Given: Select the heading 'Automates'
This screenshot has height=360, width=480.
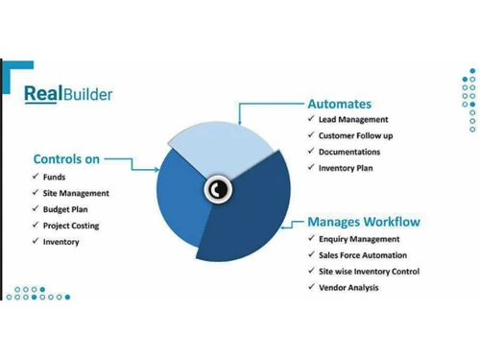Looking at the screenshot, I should point(339,104).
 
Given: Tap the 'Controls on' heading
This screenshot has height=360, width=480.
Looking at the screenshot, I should point(67,159).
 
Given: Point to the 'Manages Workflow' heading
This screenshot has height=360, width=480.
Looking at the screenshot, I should point(364,223).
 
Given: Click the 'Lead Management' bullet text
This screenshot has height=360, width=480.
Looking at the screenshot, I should point(353,120).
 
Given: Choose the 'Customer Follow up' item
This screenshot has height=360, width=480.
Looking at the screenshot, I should point(355,136).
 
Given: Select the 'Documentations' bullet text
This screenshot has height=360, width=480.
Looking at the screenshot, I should point(349,153).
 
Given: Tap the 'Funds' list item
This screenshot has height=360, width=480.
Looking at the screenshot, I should point(54,177).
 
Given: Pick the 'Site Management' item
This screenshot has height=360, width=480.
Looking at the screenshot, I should point(76,193).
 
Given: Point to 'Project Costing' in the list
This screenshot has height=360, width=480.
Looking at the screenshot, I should point(71,226).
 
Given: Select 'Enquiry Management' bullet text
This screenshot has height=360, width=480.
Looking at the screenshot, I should point(359,239).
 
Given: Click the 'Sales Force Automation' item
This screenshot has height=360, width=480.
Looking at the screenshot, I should point(363,255).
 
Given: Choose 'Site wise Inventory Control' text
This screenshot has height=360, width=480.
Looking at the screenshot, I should point(370,272).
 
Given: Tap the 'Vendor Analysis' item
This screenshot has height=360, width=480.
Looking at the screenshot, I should point(348,288).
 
